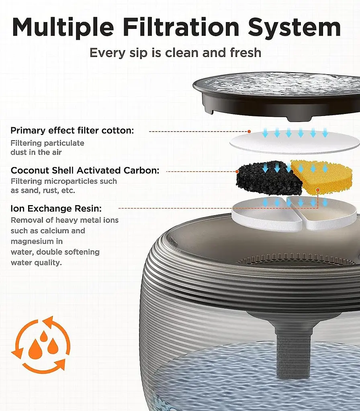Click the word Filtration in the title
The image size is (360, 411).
(x=181, y=27)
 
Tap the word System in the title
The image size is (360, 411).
(x=295, y=28)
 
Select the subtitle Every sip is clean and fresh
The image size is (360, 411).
(x=175, y=53)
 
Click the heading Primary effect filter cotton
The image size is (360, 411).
(x=72, y=130)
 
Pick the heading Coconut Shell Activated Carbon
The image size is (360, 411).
(x=85, y=170)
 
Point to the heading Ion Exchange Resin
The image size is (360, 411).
(x=56, y=208)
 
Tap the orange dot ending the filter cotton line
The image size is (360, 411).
(x=249, y=131)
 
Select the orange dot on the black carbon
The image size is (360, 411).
(x=237, y=172)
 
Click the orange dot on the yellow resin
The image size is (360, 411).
(x=318, y=189)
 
